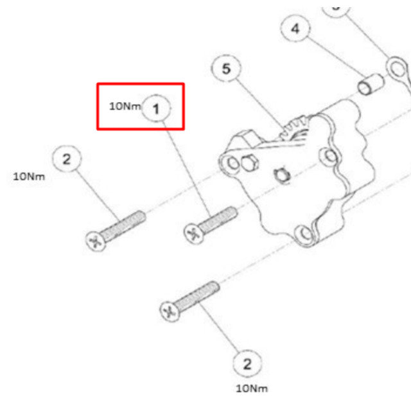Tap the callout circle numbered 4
point(295,29)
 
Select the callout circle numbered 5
point(226,69)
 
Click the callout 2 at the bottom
point(247,365)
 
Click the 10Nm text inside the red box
point(125,107)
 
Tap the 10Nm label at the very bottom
point(252,388)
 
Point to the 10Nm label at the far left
point(29,177)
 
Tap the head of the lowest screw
point(169,311)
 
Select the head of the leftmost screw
point(95,241)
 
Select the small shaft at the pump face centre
point(279,173)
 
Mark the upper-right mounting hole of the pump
point(330,155)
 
